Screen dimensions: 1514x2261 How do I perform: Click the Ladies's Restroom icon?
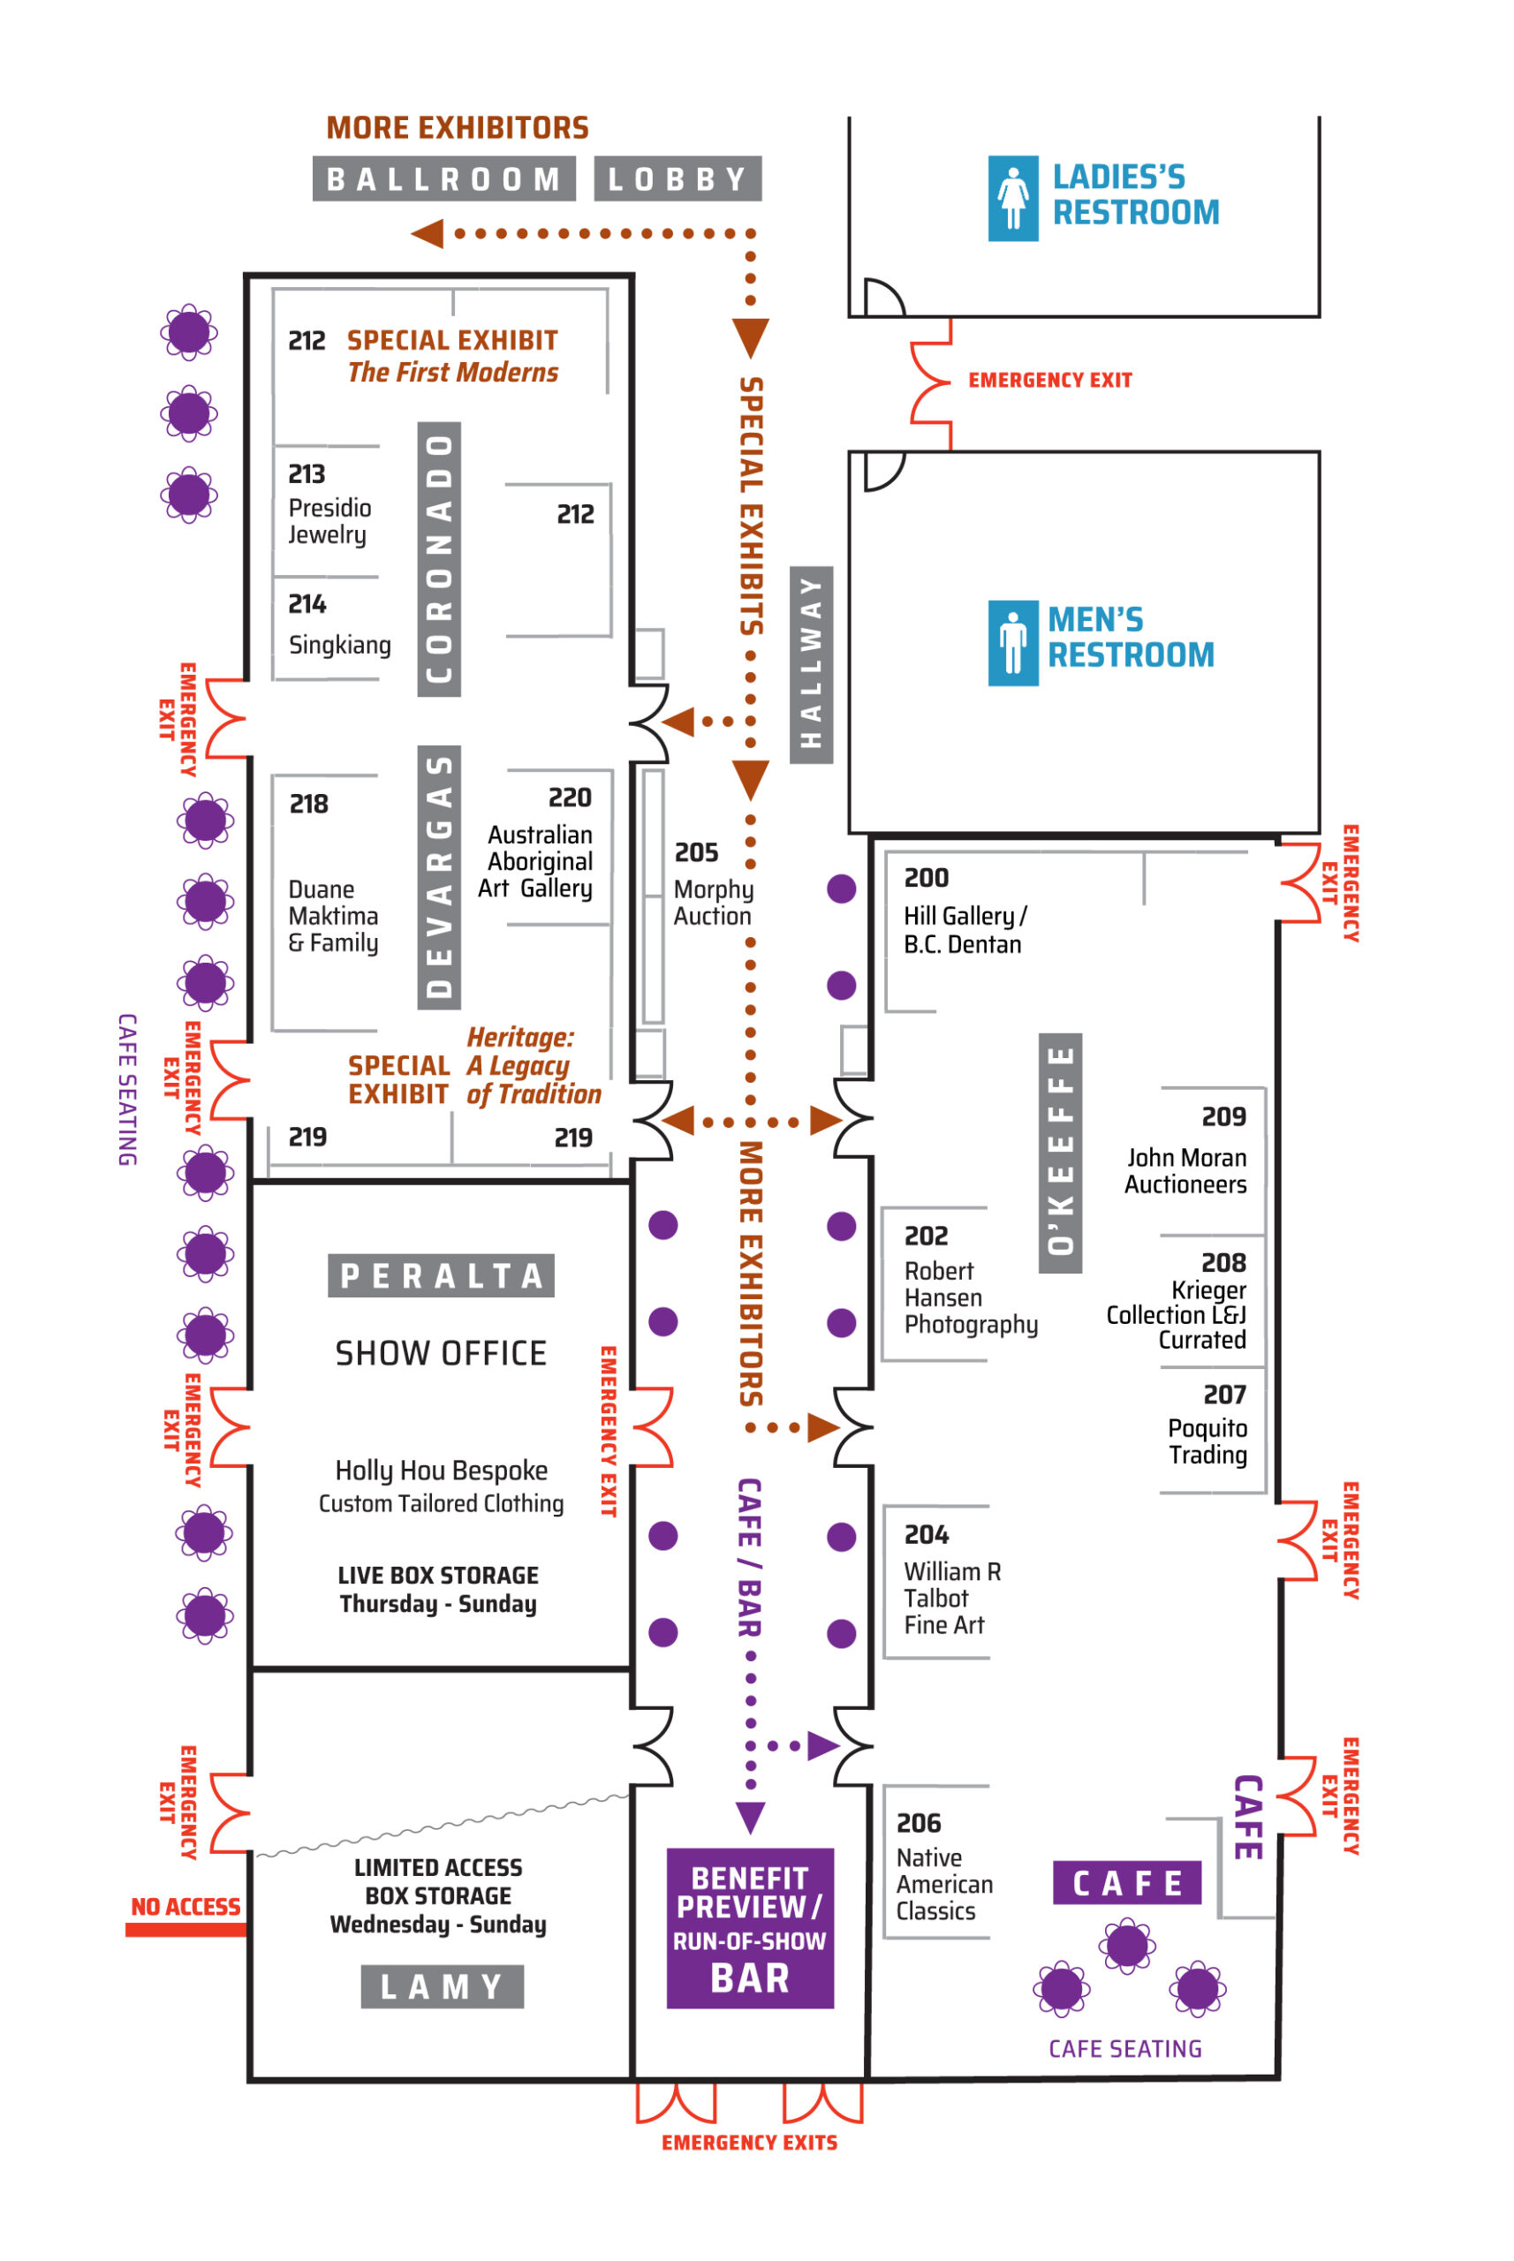(x=1013, y=198)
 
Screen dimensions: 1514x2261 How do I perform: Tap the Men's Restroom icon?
(x=1013, y=643)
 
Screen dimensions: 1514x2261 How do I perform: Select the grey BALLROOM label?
(x=444, y=178)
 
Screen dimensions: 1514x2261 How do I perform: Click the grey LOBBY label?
(x=678, y=178)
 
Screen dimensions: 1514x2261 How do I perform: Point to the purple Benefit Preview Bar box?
(x=750, y=1928)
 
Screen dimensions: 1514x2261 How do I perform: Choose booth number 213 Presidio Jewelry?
(x=307, y=474)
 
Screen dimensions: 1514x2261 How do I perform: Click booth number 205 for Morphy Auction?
(x=696, y=852)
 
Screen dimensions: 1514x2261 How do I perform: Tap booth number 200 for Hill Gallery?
(x=926, y=878)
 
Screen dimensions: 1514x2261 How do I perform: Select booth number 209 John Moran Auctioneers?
(x=1223, y=1116)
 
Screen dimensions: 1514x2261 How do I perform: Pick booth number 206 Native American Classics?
(x=919, y=1823)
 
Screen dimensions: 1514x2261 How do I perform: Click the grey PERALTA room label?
(x=442, y=1275)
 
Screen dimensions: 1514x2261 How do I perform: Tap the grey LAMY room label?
(x=443, y=1985)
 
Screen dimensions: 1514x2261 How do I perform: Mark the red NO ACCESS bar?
(x=185, y=1929)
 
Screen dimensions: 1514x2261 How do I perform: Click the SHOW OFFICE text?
(x=442, y=1354)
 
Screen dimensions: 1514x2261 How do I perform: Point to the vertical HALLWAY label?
(x=811, y=665)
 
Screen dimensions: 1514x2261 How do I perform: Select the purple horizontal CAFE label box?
(x=1127, y=1883)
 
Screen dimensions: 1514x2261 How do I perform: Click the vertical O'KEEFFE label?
(x=1060, y=1153)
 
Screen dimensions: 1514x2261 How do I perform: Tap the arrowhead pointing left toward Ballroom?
(x=428, y=234)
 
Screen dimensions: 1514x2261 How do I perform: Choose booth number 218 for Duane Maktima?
(x=309, y=805)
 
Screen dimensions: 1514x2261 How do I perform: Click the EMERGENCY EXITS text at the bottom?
(x=749, y=2143)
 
